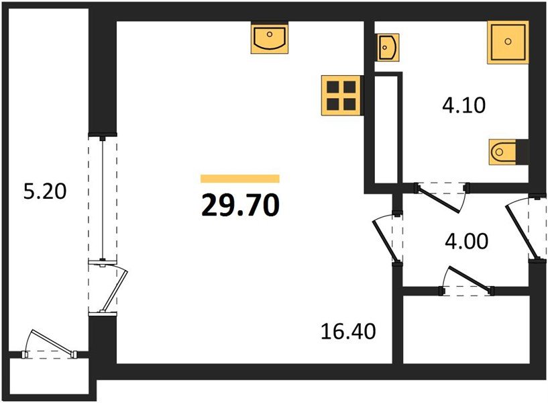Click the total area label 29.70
pyautogui.click(x=240, y=205)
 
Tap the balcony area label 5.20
pyautogui.click(x=45, y=191)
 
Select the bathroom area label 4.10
pyautogui.click(x=463, y=105)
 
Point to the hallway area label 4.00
pyautogui.click(x=466, y=241)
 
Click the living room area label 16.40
pyautogui.click(x=348, y=331)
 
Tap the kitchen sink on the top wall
pyautogui.click(x=270, y=38)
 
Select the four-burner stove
pyautogui.click(x=341, y=95)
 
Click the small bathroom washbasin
pyautogui.click(x=388, y=47)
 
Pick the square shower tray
pyautogui.click(x=508, y=42)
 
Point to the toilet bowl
pyautogui.click(x=502, y=152)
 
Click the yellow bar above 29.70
pyautogui.click(x=240, y=179)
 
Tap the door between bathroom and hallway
pyautogui.click(x=441, y=197)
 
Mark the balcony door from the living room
pyautogui.click(x=109, y=287)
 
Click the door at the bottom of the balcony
pyautogui.click(x=49, y=345)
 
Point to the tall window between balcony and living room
pyautogui.click(x=103, y=198)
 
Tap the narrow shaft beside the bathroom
pyautogui.click(x=386, y=130)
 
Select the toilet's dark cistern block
pyautogui.click(x=522, y=152)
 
